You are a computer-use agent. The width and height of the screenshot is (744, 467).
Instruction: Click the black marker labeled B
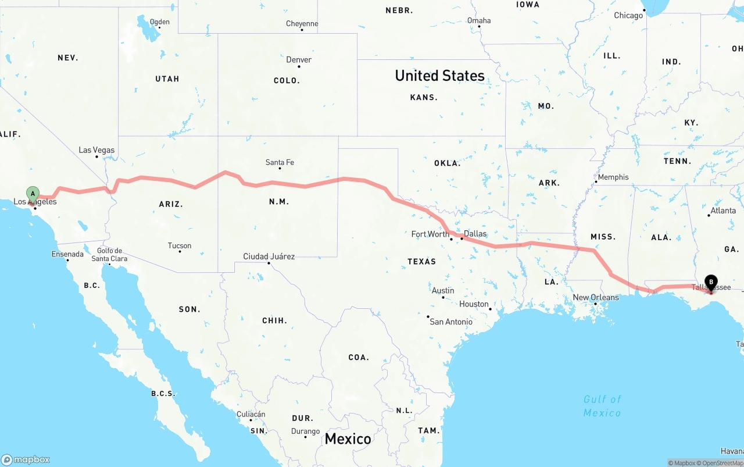pos(711,283)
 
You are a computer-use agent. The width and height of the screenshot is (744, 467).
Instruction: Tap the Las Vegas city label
pos(96,150)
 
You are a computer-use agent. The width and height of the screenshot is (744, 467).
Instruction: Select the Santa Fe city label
pos(280,162)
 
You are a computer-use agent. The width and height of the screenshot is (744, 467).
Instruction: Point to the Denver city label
pos(299,59)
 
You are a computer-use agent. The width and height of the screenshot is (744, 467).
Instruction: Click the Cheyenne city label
pos(302,24)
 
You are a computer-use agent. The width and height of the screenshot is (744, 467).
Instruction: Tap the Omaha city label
pos(479,20)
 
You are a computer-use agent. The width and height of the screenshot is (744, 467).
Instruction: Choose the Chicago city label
pos(628,15)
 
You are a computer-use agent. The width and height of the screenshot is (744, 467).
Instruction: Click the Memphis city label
pos(613,177)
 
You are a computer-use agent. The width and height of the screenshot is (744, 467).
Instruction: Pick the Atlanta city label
pos(723,211)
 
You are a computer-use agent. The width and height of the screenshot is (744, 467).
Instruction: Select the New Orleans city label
pos(596,297)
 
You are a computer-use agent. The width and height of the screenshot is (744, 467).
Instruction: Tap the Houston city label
pos(474,304)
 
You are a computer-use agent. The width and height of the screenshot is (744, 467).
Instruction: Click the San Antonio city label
pos(450,322)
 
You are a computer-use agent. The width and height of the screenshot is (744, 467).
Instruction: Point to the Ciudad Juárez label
pos(269,256)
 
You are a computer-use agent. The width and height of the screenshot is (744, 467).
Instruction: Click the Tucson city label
pos(180,245)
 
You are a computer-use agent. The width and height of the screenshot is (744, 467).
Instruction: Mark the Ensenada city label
pos(67,254)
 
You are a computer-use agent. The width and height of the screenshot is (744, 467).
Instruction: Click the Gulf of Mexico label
pos(602,406)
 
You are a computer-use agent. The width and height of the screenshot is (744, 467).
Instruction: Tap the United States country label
pos(439,76)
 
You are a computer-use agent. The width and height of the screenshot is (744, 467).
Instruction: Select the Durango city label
pos(305,431)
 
